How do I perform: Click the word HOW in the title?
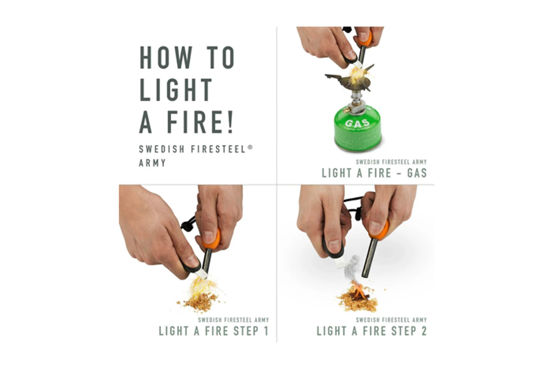(x=166, y=58)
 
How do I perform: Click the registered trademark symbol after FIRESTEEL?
(x=250, y=147)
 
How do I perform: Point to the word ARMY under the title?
(x=153, y=163)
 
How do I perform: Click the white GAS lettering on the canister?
(x=357, y=123)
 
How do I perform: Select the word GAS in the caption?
(x=417, y=173)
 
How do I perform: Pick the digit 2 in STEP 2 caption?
(x=424, y=331)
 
